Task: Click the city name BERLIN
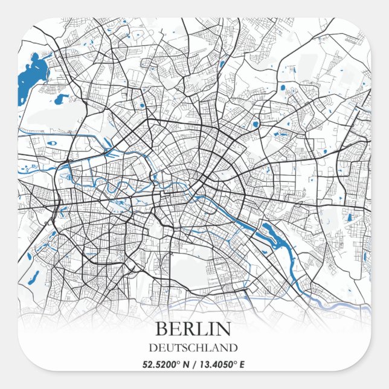click(193, 329)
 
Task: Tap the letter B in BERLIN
click(161, 329)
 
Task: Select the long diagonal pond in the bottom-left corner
click(35, 277)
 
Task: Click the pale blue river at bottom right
click(338, 303)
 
